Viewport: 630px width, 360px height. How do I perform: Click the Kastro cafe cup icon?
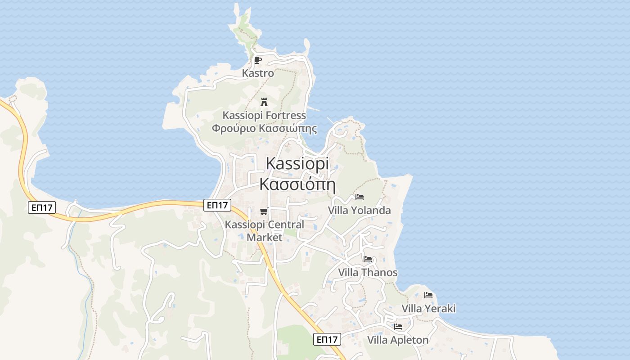click(x=257, y=60)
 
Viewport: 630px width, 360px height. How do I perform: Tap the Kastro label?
click(x=258, y=73)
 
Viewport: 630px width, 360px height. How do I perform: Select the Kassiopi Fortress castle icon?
click(x=264, y=102)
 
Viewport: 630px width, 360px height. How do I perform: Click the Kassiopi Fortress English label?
click(x=264, y=116)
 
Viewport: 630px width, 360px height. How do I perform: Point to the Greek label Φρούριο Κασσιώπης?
click(x=264, y=129)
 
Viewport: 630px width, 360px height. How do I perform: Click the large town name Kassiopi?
click(x=297, y=163)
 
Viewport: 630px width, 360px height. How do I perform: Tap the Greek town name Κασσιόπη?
click(x=297, y=184)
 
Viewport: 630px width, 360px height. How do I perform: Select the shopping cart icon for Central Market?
click(x=264, y=211)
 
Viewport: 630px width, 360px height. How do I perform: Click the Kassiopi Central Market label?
click(x=265, y=230)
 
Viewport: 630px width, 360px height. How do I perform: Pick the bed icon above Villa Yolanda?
click(x=359, y=197)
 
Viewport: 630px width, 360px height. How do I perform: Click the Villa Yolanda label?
click(x=359, y=210)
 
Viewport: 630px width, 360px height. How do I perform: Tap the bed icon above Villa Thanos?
click(x=368, y=259)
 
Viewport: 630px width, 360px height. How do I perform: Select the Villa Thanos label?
click(x=368, y=272)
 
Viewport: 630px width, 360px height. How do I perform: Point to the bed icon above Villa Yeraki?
click(x=428, y=296)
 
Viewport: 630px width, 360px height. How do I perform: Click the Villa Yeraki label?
click(x=428, y=308)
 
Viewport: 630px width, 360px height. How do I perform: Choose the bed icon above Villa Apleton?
click(x=398, y=327)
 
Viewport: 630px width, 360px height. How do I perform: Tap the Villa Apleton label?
click(x=398, y=340)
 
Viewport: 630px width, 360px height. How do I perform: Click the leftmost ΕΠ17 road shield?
click(x=41, y=208)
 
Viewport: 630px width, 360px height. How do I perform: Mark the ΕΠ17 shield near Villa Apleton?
click(x=327, y=339)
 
